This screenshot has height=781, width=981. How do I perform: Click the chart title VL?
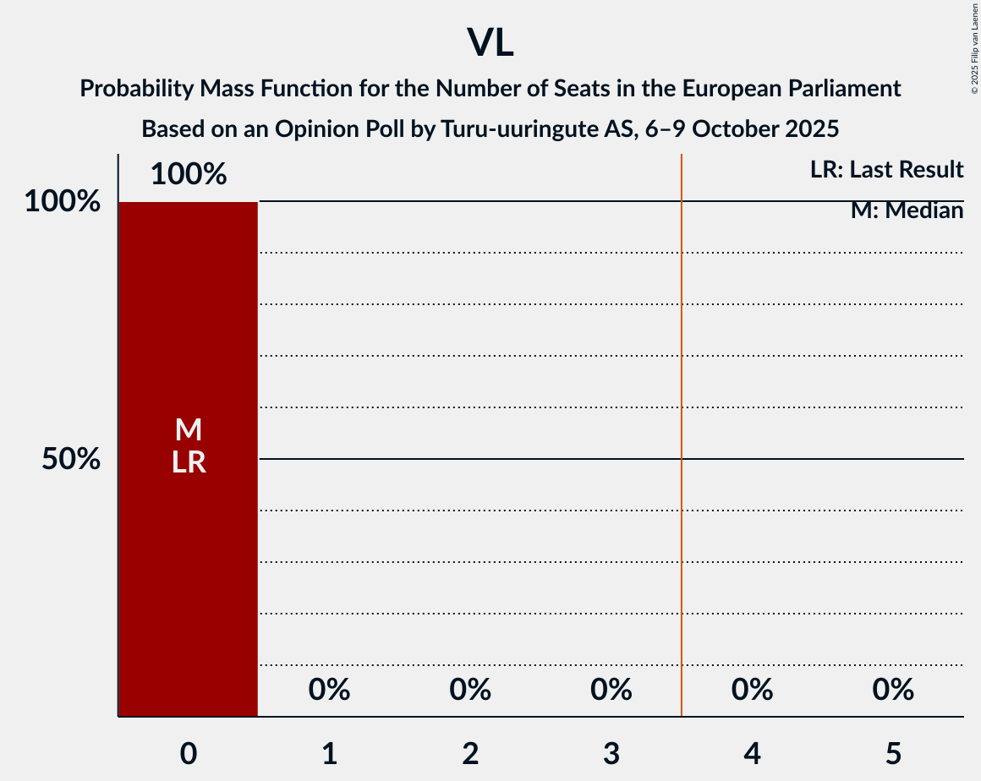click(x=490, y=42)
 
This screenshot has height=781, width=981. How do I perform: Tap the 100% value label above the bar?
click(x=188, y=174)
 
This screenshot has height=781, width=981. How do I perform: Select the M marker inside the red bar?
click(x=188, y=430)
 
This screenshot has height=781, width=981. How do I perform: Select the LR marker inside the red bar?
click(x=188, y=462)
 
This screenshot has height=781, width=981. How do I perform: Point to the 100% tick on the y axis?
click(x=63, y=202)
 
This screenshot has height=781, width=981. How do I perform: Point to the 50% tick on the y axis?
click(x=71, y=459)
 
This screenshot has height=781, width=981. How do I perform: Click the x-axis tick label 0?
click(x=188, y=753)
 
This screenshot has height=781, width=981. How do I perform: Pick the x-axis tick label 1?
click(x=329, y=753)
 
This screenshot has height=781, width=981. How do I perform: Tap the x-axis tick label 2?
click(x=470, y=753)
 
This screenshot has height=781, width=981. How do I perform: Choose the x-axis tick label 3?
click(x=611, y=753)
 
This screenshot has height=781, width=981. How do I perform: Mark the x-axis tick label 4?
click(x=752, y=753)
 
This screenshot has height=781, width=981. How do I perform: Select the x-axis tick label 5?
click(x=893, y=753)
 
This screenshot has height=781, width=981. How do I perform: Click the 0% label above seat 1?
click(x=329, y=690)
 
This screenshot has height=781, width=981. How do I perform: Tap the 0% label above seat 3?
click(x=611, y=690)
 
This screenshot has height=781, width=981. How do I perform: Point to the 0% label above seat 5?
click(x=893, y=690)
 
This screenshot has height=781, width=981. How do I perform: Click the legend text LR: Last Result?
click(x=886, y=170)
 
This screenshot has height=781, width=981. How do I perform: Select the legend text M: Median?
click(x=907, y=210)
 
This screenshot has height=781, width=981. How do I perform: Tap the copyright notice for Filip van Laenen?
click(x=974, y=47)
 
